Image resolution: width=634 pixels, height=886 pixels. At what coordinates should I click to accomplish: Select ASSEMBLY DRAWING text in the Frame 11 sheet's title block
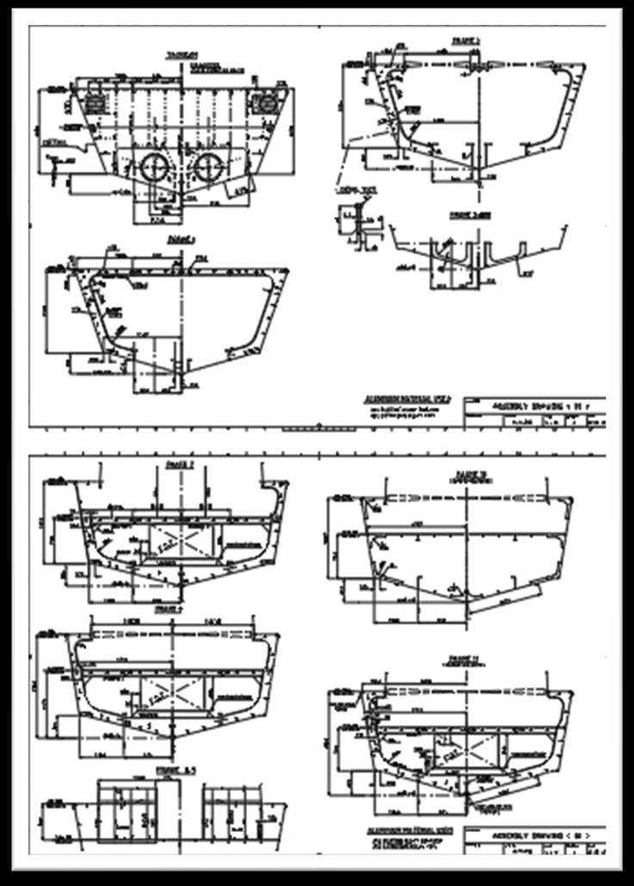click(531, 833)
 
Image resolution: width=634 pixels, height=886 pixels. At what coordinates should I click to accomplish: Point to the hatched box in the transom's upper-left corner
click(93, 102)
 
